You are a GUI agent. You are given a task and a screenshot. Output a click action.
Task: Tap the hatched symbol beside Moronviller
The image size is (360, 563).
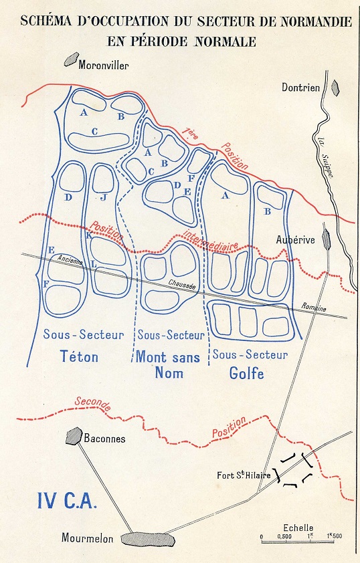(70, 60)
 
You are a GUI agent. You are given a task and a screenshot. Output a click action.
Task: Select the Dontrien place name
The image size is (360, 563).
(300, 86)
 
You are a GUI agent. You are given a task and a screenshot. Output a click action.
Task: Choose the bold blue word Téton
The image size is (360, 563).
(79, 356)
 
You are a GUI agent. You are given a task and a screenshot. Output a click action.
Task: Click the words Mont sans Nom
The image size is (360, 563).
(168, 365)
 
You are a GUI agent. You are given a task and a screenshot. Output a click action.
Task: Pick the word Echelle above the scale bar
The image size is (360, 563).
(298, 527)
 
